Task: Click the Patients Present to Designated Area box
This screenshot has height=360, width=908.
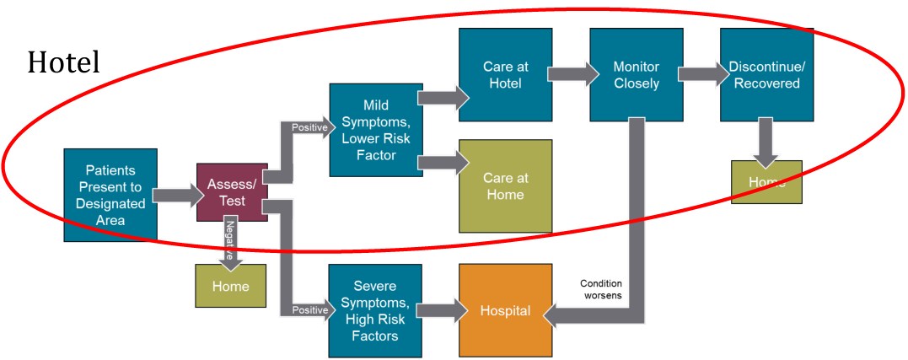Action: point(110,196)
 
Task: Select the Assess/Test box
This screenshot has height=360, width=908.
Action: point(232,192)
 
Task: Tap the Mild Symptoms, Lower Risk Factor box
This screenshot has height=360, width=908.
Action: point(375,130)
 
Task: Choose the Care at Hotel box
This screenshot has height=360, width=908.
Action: point(505,74)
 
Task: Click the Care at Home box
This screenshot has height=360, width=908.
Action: point(505,186)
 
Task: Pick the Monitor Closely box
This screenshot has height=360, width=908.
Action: point(636,74)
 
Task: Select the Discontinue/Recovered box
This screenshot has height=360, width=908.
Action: point(766,74)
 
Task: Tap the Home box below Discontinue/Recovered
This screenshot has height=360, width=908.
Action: point(766,182)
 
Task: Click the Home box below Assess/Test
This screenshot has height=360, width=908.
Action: point(230,286)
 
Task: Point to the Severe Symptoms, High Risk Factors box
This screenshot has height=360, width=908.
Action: point(375,311)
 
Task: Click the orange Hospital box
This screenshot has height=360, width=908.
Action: point(505,310)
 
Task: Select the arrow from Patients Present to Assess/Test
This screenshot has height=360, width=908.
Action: point(178,196)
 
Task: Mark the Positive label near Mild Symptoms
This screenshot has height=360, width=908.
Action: point(309,127)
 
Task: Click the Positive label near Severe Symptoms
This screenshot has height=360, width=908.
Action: point(309,310)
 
